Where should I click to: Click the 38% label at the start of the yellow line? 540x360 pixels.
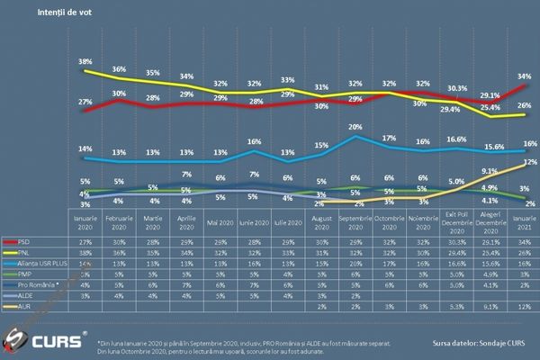point(85,62)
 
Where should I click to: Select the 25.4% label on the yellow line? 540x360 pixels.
point(490,107)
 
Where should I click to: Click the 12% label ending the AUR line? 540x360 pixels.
point(531,162)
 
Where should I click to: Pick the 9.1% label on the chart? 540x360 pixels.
point(490,170)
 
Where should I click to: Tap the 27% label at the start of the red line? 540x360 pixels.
point(85,102)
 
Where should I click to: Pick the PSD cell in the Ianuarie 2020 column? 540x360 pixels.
point(85,242)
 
